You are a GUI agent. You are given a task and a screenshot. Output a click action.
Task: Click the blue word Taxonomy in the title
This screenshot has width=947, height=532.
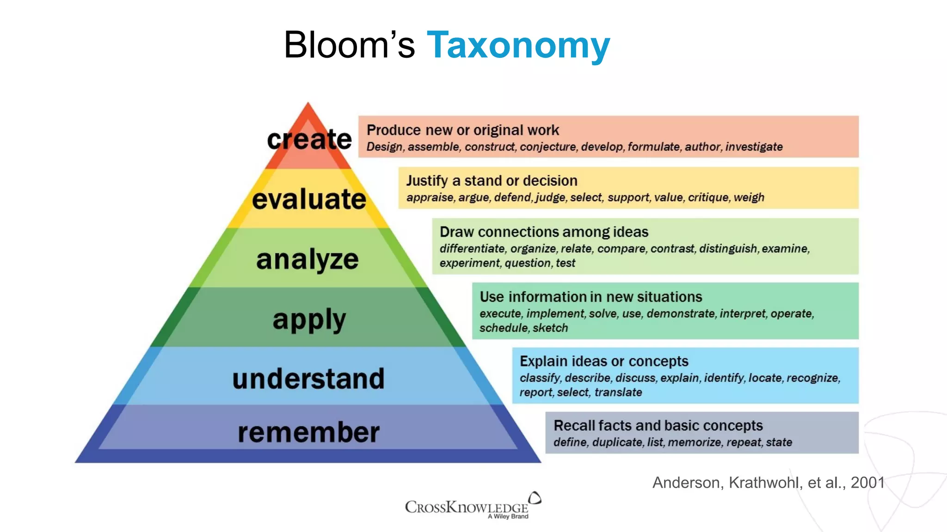pos(518,45)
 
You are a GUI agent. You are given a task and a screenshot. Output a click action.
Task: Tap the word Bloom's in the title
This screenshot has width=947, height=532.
pos(349,45)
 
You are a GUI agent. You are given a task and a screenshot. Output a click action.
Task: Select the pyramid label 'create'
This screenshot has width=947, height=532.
pos(309,139)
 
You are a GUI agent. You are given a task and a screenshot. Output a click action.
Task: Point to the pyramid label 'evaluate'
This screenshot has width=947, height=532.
pos(309,199)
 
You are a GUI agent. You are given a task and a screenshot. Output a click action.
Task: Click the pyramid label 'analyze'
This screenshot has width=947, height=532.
pos(307,259)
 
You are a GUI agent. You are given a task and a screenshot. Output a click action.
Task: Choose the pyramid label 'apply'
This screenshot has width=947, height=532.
pos(309,320)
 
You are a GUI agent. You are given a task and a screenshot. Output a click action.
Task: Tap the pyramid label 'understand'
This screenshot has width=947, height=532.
pos(308,379)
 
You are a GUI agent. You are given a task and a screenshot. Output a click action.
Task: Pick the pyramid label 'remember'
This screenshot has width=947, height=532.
pos(308,432)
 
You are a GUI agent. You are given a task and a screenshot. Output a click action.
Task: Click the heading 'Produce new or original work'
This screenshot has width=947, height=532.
pos(462,130)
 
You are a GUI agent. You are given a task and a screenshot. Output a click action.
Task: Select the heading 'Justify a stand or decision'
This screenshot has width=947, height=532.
pos(492,181)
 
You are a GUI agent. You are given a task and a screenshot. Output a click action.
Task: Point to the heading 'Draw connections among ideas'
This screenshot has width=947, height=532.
pos(544,232)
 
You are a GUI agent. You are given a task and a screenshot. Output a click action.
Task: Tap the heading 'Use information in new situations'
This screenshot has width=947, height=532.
pos(590,296)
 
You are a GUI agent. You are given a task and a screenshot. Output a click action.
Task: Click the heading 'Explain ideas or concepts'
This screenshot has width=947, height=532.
pos(603,361)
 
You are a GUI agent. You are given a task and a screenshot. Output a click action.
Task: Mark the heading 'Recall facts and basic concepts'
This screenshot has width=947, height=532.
pos(658,425)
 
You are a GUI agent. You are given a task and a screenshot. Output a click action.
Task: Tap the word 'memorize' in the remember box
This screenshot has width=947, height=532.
pos(694,442)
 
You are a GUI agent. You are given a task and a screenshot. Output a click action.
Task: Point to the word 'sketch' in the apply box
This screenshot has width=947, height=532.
pos(550,328)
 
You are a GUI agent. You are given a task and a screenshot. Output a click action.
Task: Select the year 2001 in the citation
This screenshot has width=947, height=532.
pos(867,483)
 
